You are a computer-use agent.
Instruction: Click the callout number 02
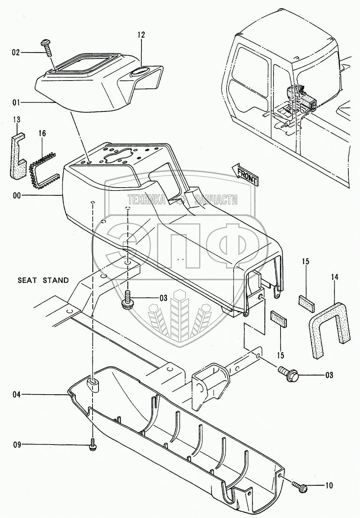[x=15, y=53]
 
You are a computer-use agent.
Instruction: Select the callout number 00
[x=17, y=195]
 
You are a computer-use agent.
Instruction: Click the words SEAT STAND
[x=43, y=280]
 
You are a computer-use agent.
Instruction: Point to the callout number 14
[x=334, y=277]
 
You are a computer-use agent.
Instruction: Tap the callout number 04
[x=16, y=394]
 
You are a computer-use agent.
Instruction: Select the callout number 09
[x=16, y=445]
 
